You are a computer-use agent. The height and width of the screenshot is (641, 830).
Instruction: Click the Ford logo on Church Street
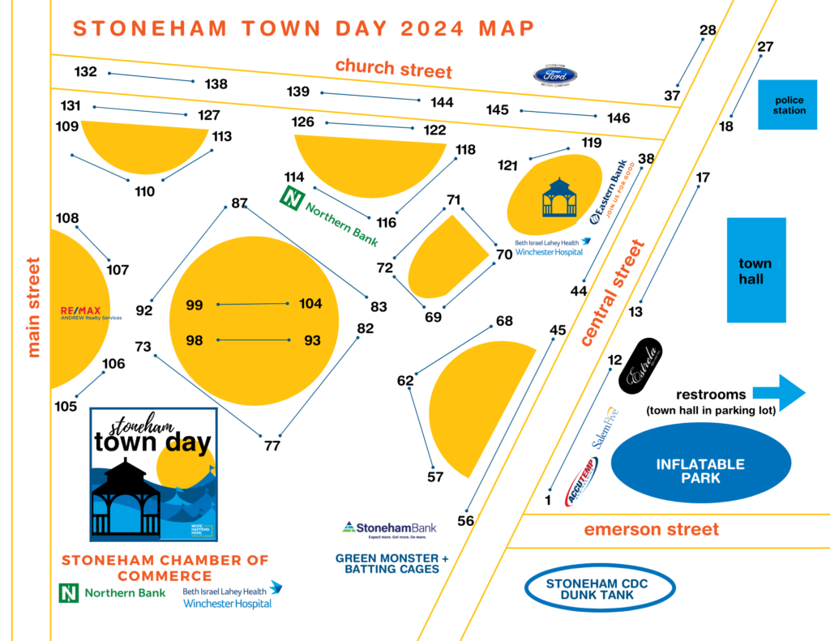click(x=555, y=75)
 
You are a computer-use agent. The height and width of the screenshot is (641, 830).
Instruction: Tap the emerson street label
click(x=652, y=530)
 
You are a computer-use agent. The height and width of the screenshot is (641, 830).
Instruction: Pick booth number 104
click(x=310, y=304)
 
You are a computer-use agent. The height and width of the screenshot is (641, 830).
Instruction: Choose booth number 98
click(x=195, y=340)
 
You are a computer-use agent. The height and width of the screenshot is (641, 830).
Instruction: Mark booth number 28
click(x=708, y=31)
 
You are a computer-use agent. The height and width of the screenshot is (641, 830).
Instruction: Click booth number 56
click(x=465, y=521)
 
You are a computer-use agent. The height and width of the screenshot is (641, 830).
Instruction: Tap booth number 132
click(x=85, y=71)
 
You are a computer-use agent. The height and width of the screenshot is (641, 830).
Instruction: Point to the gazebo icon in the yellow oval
click(x=559, y=199)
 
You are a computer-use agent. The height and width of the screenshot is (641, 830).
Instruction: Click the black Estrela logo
click(x=642, y=366)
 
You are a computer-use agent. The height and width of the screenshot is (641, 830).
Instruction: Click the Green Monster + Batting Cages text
click(x=391, y=563)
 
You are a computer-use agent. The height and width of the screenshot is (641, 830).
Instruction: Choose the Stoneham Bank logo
click(x=391, y=529)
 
